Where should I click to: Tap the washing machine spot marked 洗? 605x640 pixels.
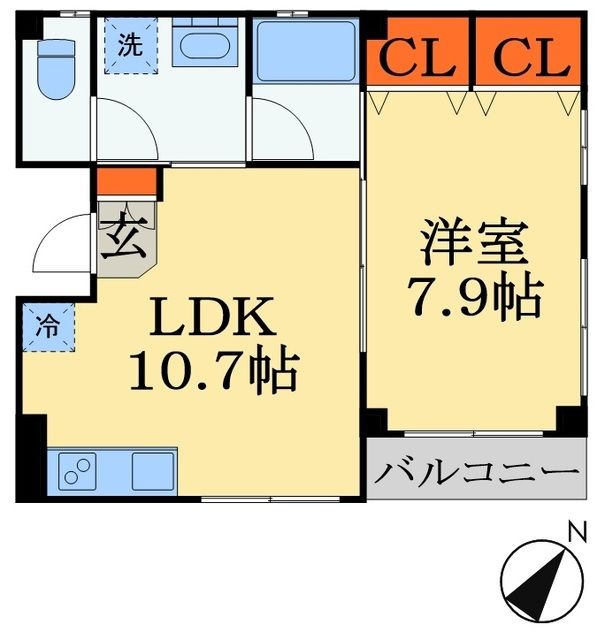coord(130,47)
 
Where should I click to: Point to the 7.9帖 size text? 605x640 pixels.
coord(474,296)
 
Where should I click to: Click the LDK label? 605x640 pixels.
coord(212,320)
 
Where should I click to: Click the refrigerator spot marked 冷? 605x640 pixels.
coord(47,325)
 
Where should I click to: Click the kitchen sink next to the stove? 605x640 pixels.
coord(150,468)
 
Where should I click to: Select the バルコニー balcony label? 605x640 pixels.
coord(476,469)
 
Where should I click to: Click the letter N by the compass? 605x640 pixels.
coord(575,533)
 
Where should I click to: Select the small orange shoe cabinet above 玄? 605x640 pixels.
coord(128,182)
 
